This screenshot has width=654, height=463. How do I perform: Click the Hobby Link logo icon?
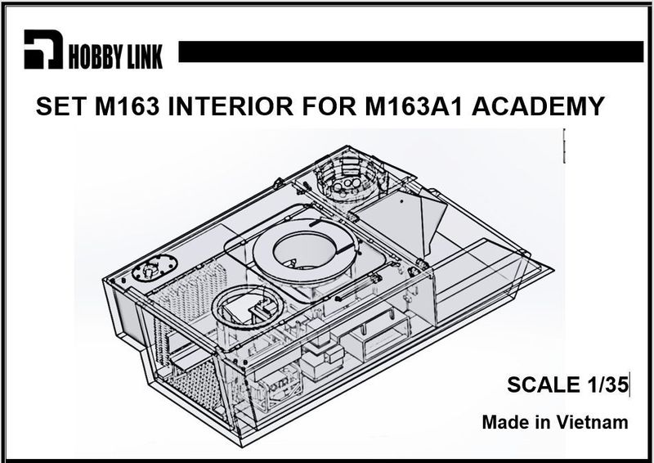(42, 52)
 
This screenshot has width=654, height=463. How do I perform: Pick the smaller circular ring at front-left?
(248, 310)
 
